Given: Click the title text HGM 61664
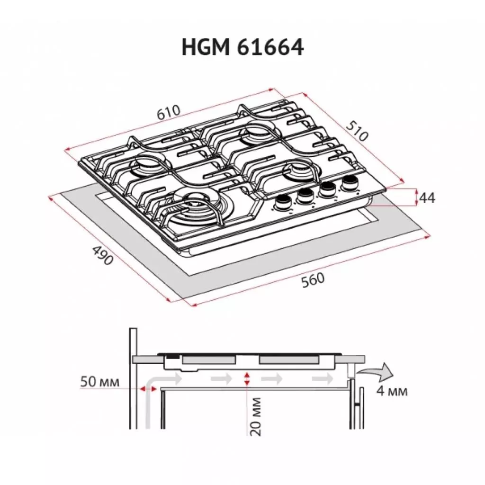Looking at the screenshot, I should tap(242, 48).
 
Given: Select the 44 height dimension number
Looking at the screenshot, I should tap(427, 198).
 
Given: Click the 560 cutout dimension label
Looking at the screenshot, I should tap(313, 280).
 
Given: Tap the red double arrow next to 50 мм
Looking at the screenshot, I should tap(148, 388).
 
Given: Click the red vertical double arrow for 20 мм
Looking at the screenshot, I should tap(246, 379).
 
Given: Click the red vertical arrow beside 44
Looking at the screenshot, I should tap(416, 197).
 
